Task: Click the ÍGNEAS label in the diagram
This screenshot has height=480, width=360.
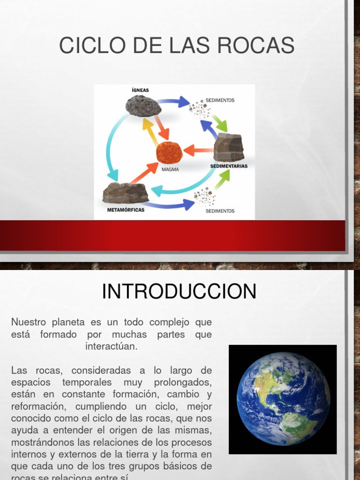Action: click(x=140, y=90)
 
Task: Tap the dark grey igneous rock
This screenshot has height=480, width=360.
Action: click(x=143, y=105)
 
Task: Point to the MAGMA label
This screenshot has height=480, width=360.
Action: click(x=170, y=169)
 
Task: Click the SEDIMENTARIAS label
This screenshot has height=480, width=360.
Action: click(x=229, y=166)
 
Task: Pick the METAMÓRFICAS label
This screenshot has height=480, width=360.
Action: click(x=126, y=210)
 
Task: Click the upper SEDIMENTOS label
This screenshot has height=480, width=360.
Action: click(x=220, y=100)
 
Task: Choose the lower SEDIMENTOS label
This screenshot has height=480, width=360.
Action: click(x=220, y=211)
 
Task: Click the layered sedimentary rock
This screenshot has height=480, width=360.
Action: click(x=229, y=147)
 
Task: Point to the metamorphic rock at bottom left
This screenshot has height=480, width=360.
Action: click(x=125, y=193)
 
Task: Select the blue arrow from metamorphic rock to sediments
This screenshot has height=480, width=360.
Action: click(x=171, y=204)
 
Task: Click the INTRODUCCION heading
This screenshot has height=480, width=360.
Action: click(x=179, y=291)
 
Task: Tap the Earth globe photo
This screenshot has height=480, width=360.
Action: click(x=283, y=399)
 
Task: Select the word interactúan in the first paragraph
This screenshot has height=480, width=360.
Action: click(x=112, y=346)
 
